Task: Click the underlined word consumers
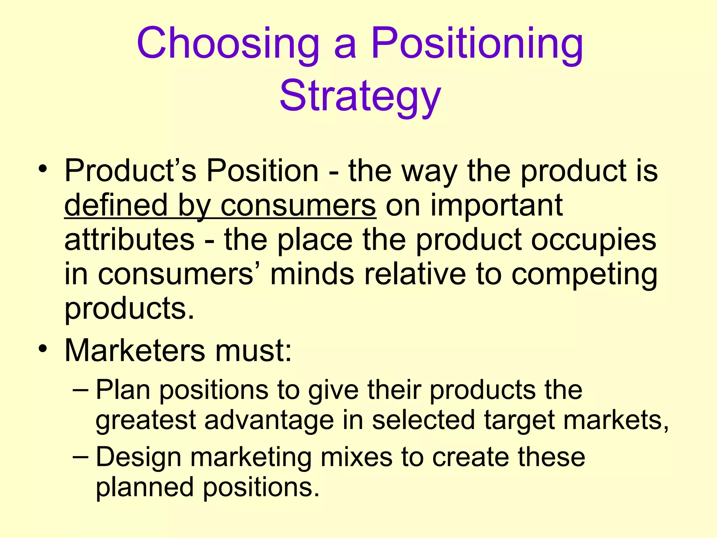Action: click(298, 206)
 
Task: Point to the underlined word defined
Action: click(116, 206)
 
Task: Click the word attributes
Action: click(129, 240)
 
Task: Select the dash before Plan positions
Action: click(82, 389)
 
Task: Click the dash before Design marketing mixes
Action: click(82, 457)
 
